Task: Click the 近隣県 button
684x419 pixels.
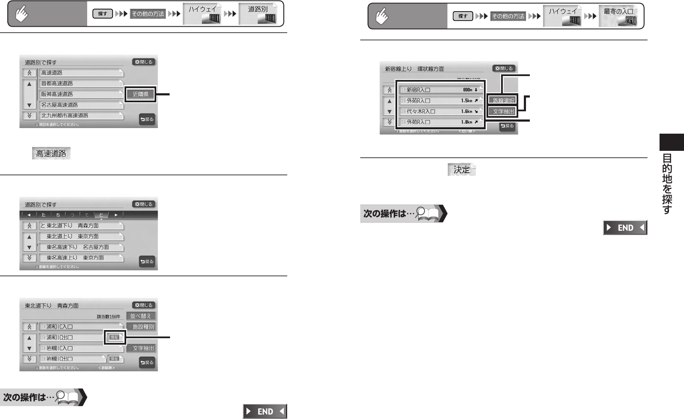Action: tap(140, 94)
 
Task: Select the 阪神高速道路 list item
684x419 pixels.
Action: tap(81, 94)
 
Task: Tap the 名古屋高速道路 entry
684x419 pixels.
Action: tap(81, 105)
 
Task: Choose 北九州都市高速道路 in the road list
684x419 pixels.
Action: tap(81, 116)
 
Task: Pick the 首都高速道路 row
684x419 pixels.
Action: tap(81, 83)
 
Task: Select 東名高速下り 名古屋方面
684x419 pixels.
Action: tap(81, 247)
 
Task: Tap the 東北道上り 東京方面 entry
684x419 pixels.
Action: tap(81, 236)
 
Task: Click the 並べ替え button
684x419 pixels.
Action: tap(140, 316)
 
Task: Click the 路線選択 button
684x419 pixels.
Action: tap(503, 101)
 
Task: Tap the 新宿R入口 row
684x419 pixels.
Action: tap(441, 90)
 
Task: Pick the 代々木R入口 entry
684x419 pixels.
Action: tap(441, 111)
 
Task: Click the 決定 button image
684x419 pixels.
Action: tap(462, 170)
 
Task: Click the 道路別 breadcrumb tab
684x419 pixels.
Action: tap(258, 14)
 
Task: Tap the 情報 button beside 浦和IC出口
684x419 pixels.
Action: tap(114, 337)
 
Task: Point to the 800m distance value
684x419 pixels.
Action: tap(467, 90)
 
